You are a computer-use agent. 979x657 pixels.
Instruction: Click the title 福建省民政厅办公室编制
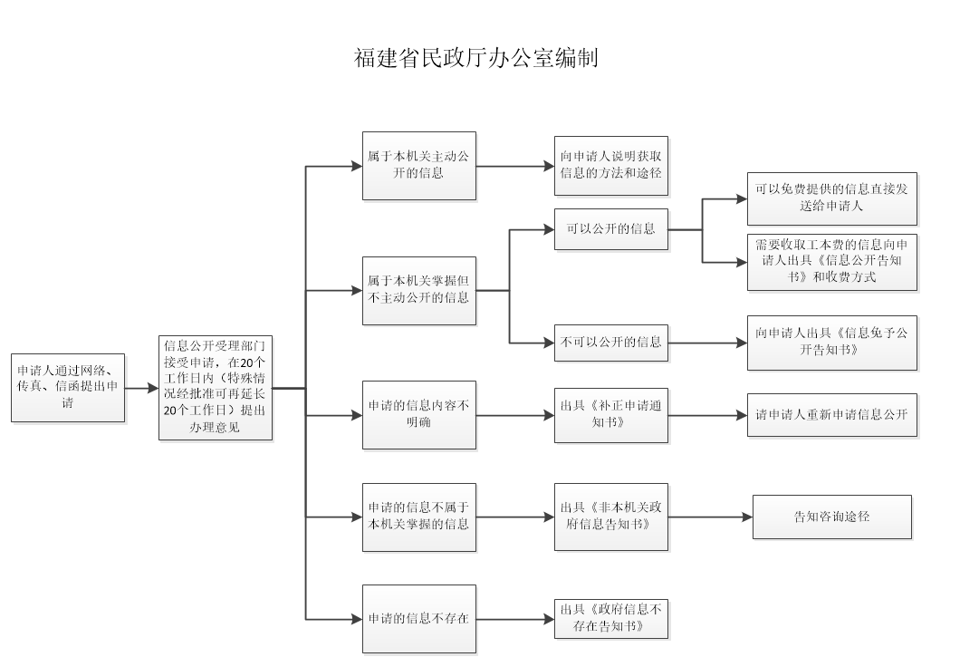pyautogui.click(x=475, y=57)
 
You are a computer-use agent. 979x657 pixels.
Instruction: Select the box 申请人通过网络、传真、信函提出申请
pyautogui.click(x=68, y=388)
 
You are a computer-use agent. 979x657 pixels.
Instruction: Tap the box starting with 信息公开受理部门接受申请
pyautogui.click(x=216, y=388)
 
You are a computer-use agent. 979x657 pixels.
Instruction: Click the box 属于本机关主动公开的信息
pyautogui.click(x=419, y=166)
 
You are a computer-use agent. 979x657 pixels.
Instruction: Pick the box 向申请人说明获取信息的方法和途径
pyautogui.click(x=611, y=166)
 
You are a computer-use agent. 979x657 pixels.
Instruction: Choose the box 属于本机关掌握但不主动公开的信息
pyautogui.click(x=419, y=290)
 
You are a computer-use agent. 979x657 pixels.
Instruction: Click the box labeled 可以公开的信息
pyautogui.click(x=611, y=229)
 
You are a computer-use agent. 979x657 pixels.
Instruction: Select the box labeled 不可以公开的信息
pyautogui.click(x=611, y=343)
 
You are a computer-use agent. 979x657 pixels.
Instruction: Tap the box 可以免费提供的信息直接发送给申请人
pyautogui.click(x=832, y=198)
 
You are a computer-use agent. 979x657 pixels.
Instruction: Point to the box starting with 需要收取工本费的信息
pyautogui.click(x=832, y=262)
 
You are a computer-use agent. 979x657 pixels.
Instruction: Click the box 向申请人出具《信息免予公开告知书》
pyautogui.click(x=832, y=343)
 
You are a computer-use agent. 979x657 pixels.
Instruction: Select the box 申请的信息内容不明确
pyautogui.click(x=419, y=415)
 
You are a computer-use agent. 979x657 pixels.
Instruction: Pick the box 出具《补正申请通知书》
pyautogui.click(x=611, y=415)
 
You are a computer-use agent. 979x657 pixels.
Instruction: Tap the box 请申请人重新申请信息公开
pyautogui.click(x=832, y=415)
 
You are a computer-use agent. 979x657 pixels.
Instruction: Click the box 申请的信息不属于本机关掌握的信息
pyautogui.click(x=419, y=517)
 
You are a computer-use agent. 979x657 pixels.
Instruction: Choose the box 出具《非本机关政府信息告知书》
pyautogui.click(x=611, y=517)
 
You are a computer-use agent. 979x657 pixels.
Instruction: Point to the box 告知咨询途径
pyautogui.click(x=832, y=517)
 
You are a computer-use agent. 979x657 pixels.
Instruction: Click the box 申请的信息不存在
pyautogui.click(x=419, y=619)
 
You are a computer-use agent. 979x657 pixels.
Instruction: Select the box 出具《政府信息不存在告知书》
pyautogui.click(x=611, y=619)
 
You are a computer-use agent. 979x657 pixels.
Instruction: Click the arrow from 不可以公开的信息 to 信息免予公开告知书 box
pyautogui.click(x=707, y=343)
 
